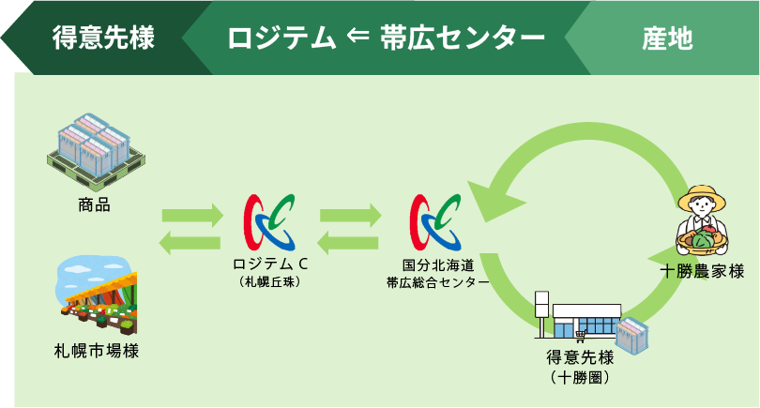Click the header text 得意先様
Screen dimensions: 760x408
pyautogui.click(x=104, y=38)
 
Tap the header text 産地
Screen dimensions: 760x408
pyautogui.click(x=667, y=38)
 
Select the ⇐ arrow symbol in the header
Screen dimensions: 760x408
pyautogui.click(x=358, y=37)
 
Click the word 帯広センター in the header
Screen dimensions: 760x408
pyautogui.click(x=463, y=38)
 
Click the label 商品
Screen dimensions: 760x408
pyautogui.click(x=95, y=204)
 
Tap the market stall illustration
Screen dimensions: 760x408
pyautogui.click(x=98, y=296)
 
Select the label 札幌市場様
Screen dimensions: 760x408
pyautogui.click(x=97, y=351)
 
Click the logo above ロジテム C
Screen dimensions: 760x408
pyautogui.click(x=270, y=222)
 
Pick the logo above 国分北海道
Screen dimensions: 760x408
pyautogui.click(x=435, y=222)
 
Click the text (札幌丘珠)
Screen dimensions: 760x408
pyautogui.click(x=270, y=282)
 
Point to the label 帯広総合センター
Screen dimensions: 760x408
pyautogui.click(x=437, y=282)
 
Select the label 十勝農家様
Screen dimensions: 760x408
pyautogui.click(x=703, y=271)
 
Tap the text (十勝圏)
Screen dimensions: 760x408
pyautogui.click(x=580, y=377)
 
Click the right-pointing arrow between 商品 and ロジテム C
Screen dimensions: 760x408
pyautogui.click(x=192, y=215)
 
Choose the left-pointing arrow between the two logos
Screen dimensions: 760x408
pyautogui.click(x=348, y=242)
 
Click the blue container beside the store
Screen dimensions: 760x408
pyautogui.click(x=632, y=335)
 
